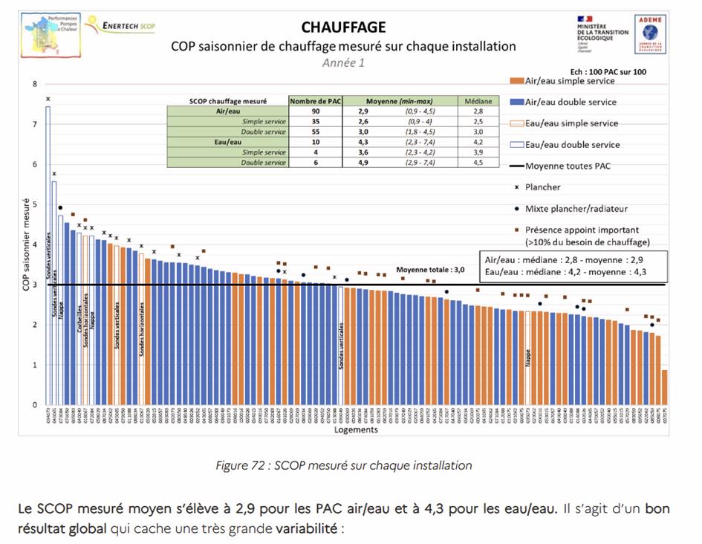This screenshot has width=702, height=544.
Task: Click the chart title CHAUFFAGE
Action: click(x=343, y=27)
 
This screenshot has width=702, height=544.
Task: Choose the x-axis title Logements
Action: click(x=356, y=430)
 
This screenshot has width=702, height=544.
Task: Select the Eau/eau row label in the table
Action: click(x=227, y=141)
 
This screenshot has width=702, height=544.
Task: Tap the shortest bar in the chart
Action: click(x=664, y=387)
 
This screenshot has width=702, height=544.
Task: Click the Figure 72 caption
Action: click(x=343, y=466)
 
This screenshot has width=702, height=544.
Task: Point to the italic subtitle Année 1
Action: click(x=343, y=63)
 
